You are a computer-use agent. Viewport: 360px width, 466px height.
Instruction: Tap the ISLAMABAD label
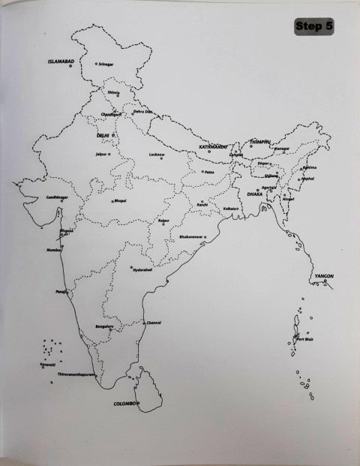point(60,61)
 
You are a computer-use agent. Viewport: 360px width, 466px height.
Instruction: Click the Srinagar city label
point(106,64)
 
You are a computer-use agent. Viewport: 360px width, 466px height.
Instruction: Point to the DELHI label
point(103,135)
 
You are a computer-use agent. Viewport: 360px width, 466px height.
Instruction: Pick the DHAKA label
point(244,194)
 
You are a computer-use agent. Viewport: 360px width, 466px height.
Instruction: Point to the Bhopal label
point(121,200)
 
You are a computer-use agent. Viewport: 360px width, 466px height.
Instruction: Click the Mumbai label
point(54,248)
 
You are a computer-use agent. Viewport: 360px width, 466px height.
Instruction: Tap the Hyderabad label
point(142,270)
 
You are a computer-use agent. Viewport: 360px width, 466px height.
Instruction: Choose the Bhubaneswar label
point(191,237)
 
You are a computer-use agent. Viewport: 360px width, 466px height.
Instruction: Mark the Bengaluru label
point(104,327)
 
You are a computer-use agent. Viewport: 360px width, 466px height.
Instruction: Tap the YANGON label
point(324,276)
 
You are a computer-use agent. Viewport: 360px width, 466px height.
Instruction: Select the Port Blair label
point(304,339)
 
